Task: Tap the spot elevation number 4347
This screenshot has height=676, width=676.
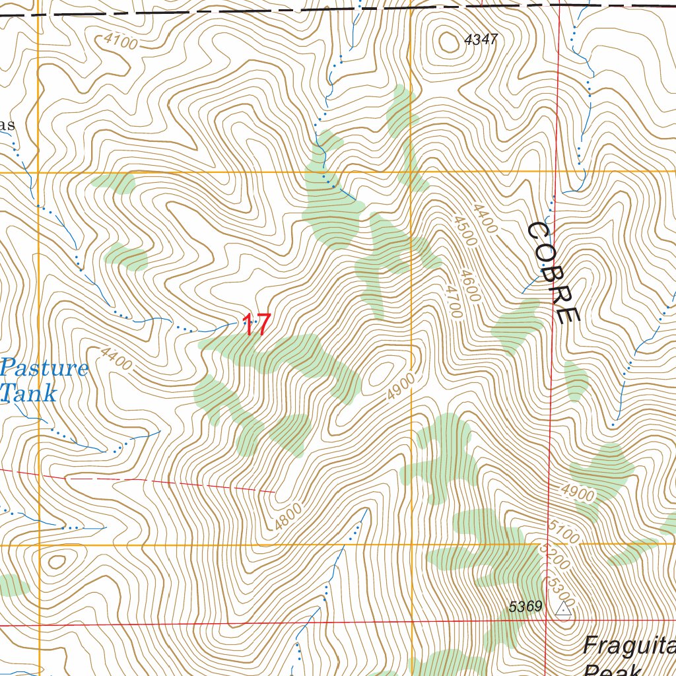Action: (x=480, y=40)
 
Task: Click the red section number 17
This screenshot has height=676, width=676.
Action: (x=256, y=324)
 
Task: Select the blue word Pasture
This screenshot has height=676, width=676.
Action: (x=44, y=368)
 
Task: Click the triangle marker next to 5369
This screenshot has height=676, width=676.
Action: (x=563, y=609)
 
